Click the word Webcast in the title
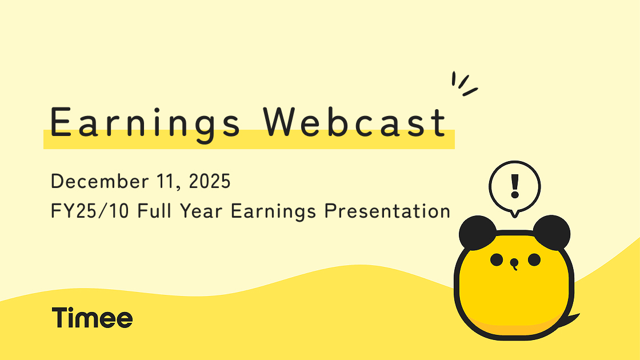pos(354,122)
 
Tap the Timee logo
pos(92,318)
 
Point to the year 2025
pos(210,181)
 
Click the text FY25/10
pos(90,211)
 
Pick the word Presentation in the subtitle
pos(387,211)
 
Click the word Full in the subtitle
pos(154,211)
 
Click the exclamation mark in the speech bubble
pos(515,186)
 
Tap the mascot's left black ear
pos(477,233)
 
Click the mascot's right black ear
pos(552,232)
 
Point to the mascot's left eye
pos(497,259)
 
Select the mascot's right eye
pos(534,259)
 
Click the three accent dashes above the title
pos(463,83)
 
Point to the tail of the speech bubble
pos(515,214)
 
